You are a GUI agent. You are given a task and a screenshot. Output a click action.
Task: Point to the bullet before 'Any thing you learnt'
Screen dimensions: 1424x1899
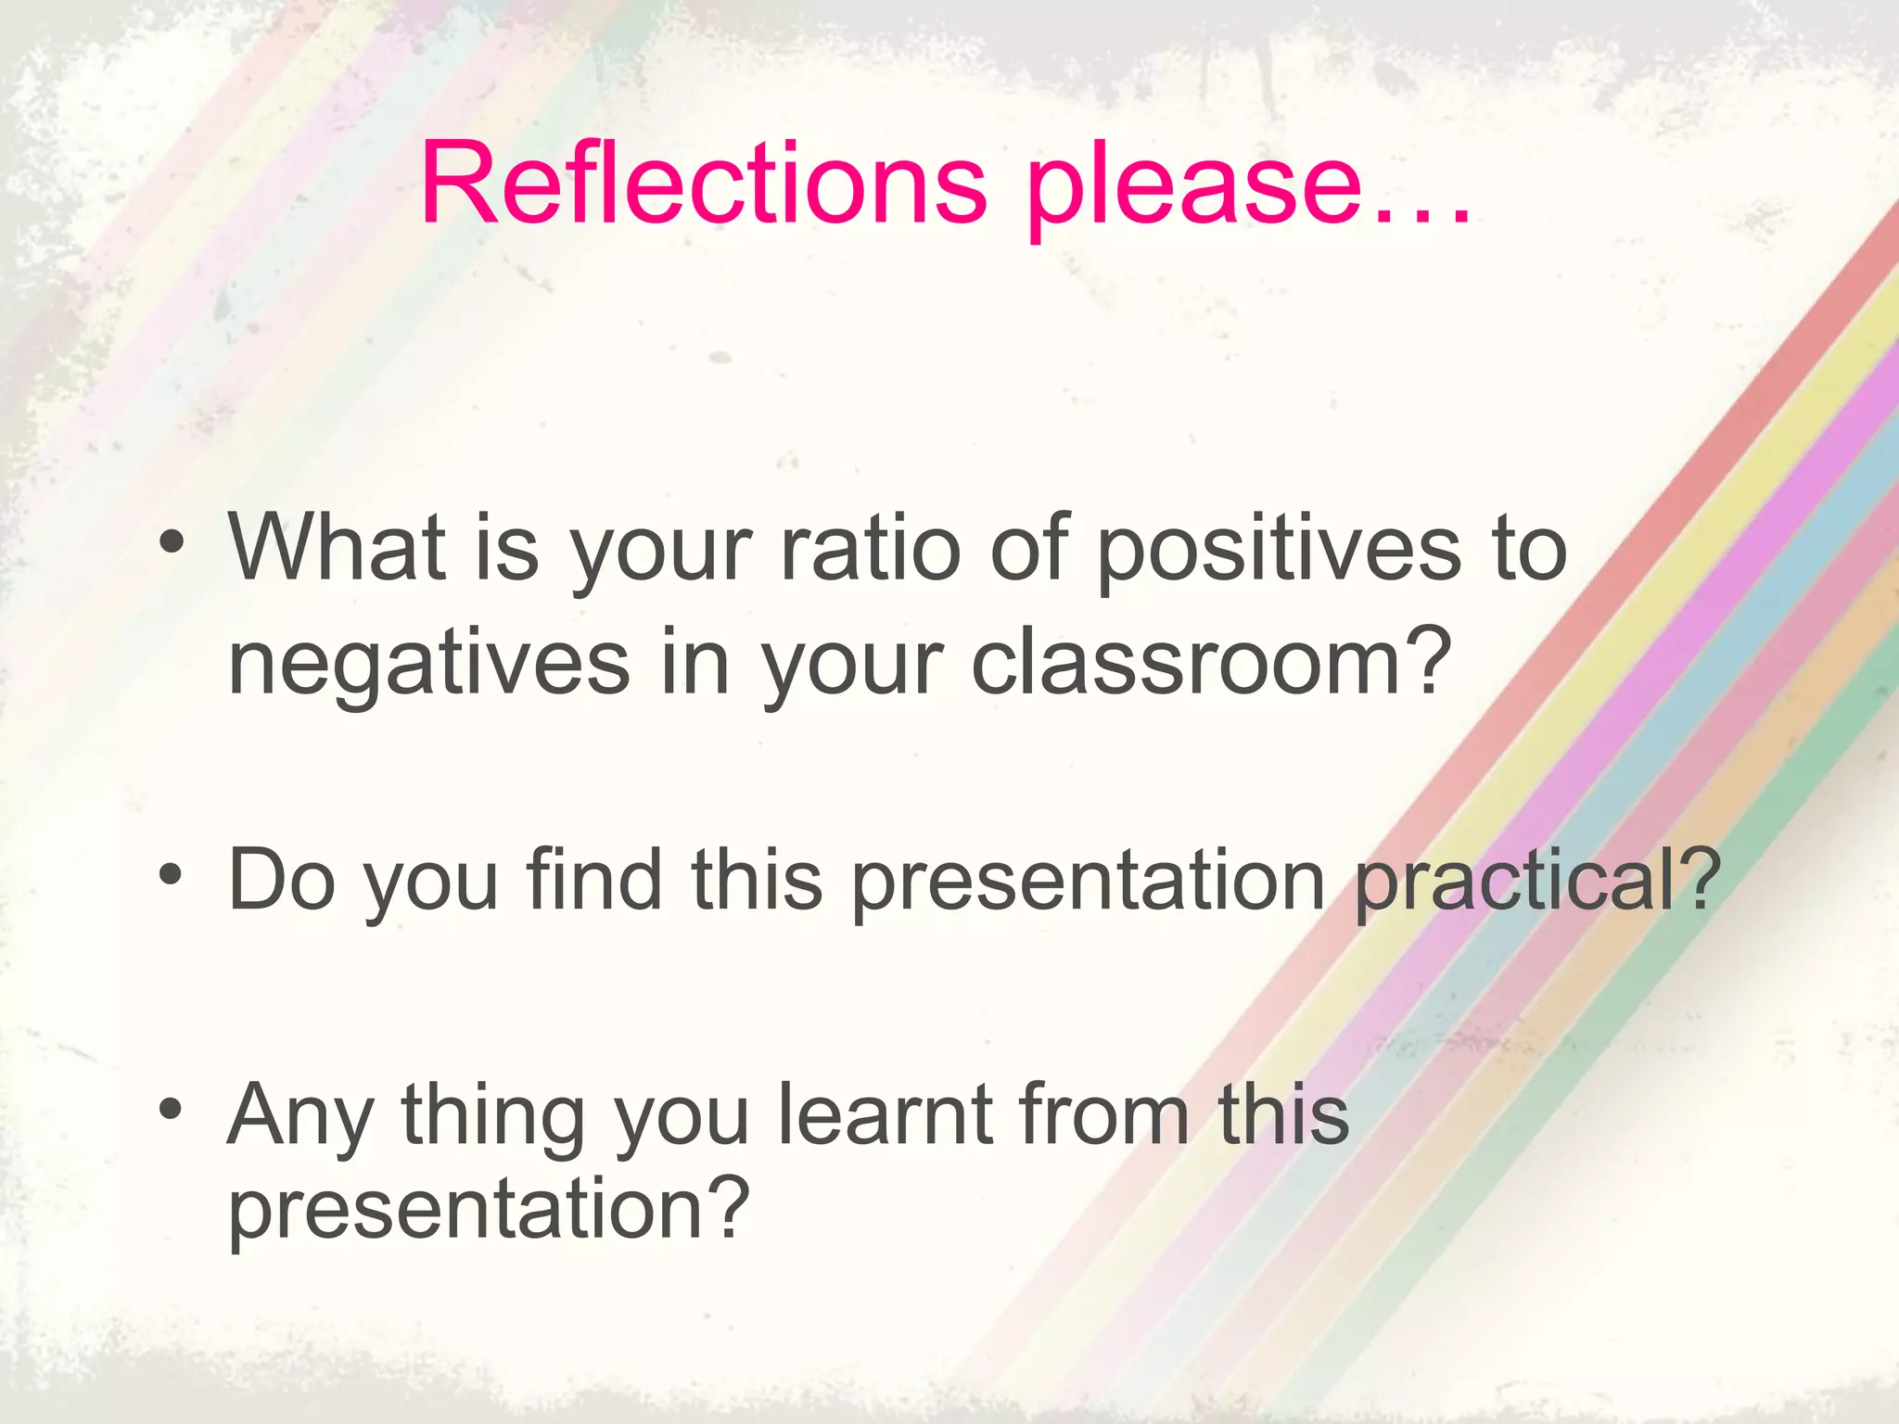[x=170, y=1107]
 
